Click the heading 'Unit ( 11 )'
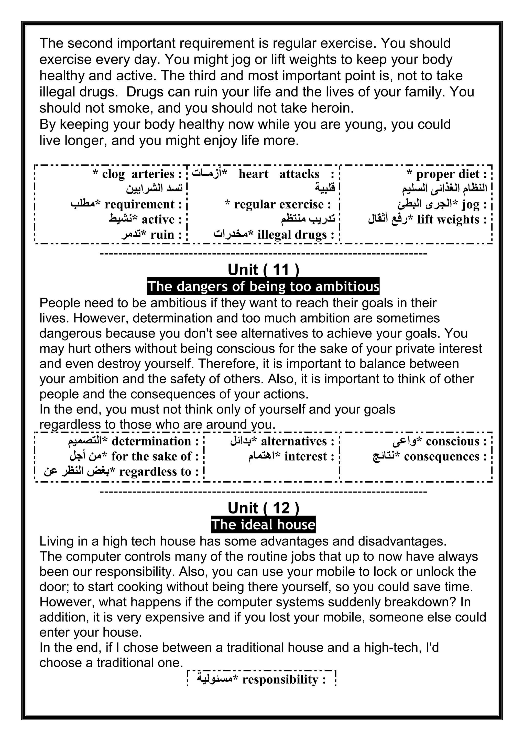[263, 270]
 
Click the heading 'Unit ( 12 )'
[263, 508]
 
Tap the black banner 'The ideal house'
[263, 525]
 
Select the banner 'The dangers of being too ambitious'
[263, 286]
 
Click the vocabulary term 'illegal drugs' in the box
[292, 235]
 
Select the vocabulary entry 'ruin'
[162, 235]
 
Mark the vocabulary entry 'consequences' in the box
[441, 457]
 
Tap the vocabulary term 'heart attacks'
[279, 174]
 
